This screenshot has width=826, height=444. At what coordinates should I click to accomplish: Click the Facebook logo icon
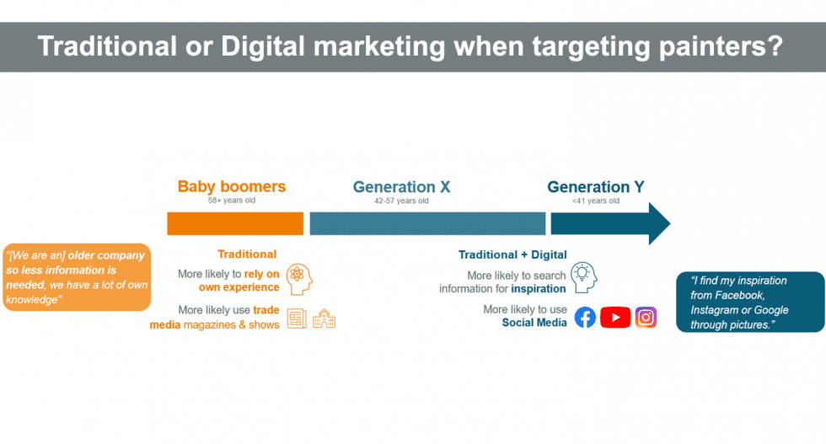585,318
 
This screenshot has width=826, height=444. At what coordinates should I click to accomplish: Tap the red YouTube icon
615,318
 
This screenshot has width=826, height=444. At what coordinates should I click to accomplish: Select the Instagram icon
646,318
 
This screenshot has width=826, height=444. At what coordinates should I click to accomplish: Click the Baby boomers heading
232,186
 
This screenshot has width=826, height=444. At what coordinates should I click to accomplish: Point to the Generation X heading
401,187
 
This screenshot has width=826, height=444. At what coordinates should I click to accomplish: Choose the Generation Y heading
596,187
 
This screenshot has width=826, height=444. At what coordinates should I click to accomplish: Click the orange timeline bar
235,223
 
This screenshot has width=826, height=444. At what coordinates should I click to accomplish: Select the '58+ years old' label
231,201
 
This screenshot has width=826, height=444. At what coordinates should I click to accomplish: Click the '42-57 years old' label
401,201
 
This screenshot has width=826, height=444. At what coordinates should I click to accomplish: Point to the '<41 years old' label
596,201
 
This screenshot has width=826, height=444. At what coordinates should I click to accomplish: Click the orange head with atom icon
299,280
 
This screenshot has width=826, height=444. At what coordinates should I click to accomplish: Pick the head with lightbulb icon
583,277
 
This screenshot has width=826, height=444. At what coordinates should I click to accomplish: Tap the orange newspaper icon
297,318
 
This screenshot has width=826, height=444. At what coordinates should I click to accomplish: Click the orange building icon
324,318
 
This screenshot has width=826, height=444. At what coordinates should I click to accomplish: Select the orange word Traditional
247,254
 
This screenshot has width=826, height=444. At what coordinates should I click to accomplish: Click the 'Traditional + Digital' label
512,255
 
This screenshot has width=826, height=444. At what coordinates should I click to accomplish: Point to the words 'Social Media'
534,323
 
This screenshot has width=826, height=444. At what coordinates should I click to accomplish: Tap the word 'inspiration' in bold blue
539,289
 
